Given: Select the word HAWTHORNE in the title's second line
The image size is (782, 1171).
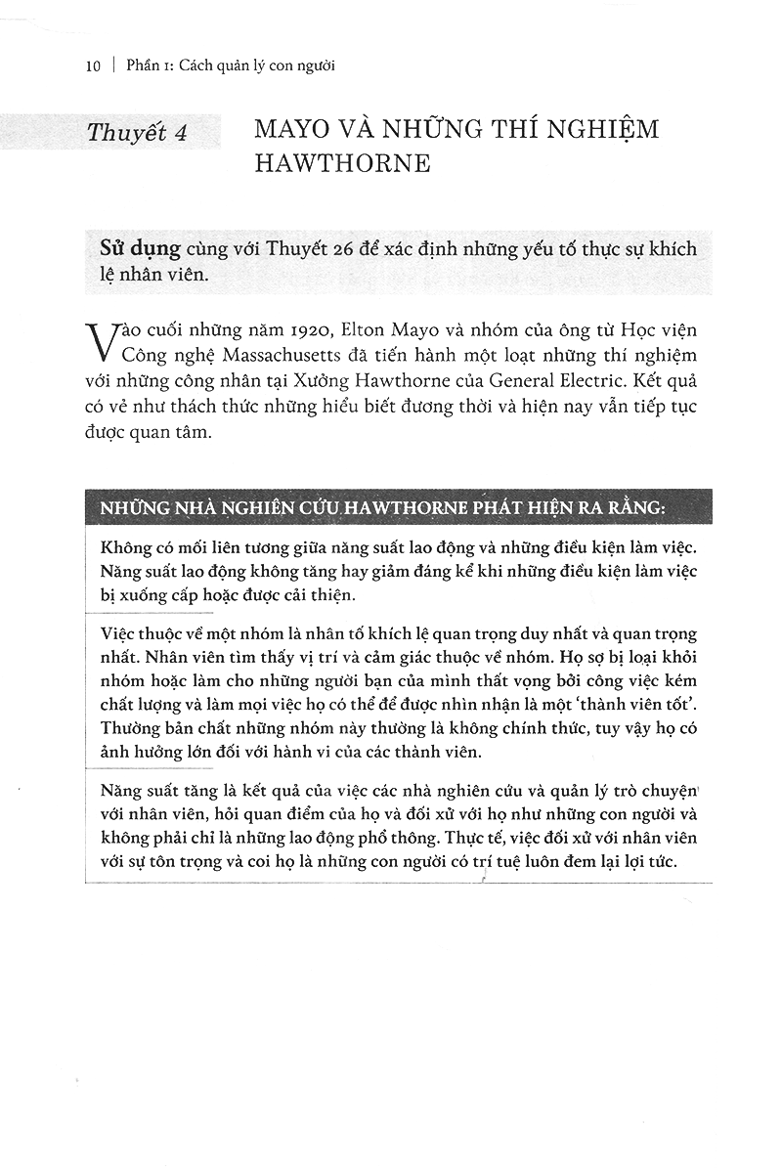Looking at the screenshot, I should pyautogui.click(x=342, y=163).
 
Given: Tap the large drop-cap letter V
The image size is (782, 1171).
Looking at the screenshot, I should pyautogui.click(x=102, y=337).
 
